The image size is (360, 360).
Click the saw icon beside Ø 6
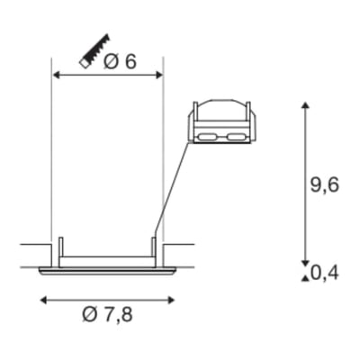(94, 51)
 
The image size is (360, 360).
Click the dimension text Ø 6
(120, 62)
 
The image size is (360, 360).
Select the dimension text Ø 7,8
(107, 314)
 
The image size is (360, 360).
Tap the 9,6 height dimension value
(324, 185)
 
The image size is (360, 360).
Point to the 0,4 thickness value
(325, 273)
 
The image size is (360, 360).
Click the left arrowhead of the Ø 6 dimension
(56, 75)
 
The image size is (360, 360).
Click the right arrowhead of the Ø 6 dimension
(158, 75)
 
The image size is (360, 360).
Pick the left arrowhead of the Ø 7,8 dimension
(44, 300)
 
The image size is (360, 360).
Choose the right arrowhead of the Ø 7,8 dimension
(171, 300)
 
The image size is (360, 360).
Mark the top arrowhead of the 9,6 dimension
(305, 105)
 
